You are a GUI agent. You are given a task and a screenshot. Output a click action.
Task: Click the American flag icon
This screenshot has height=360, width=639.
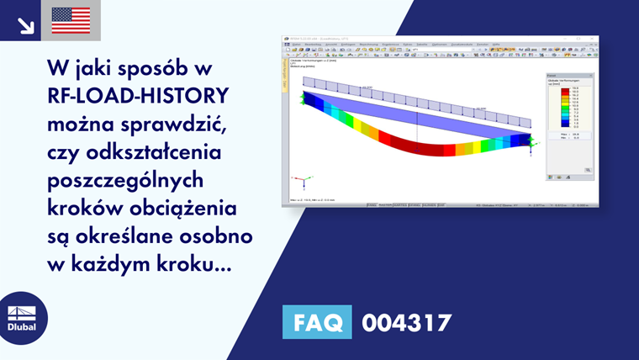click(71, 20)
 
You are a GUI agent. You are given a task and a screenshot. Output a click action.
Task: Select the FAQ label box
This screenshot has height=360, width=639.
click(316, 322)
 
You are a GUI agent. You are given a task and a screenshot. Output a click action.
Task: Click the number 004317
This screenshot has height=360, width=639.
click(407, 322)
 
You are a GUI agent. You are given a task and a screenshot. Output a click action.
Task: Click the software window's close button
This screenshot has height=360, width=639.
click(595, 39)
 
